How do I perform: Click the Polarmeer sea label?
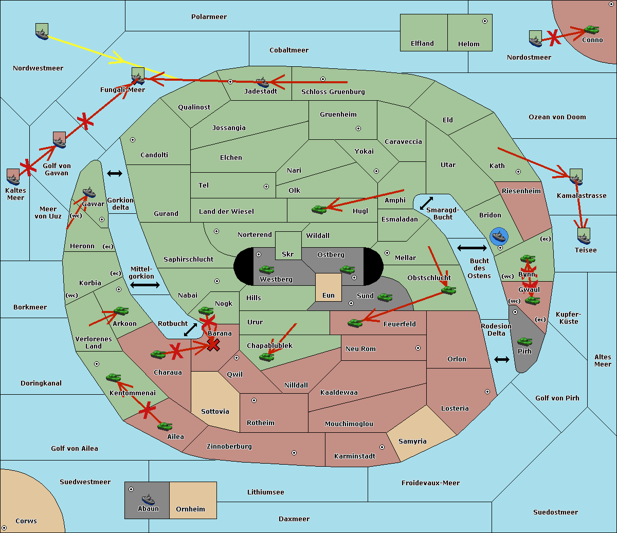pos(209,17)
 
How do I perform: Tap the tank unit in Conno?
pos(591,30)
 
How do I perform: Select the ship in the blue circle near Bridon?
pos(499,236)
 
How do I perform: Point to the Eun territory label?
pos(329,296)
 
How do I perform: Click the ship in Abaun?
pos(148,499)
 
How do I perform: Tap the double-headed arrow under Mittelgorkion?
pos(144,285)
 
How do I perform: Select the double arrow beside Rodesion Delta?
pos(502,359)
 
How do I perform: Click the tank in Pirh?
pos(524,342)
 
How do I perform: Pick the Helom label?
pos(468,44)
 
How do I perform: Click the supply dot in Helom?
pos(484,21)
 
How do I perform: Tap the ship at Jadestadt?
pos(262,82)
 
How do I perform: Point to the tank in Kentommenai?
pos(114,378)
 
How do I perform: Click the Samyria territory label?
pos(412,442)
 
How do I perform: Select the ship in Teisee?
pos(583,237)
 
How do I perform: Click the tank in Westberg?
pos(266,269)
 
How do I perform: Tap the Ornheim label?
pos(190,509)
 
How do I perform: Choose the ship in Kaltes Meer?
pos(13,177)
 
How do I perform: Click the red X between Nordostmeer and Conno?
pos(553,36)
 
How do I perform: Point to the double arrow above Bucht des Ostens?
pos(471,248)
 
